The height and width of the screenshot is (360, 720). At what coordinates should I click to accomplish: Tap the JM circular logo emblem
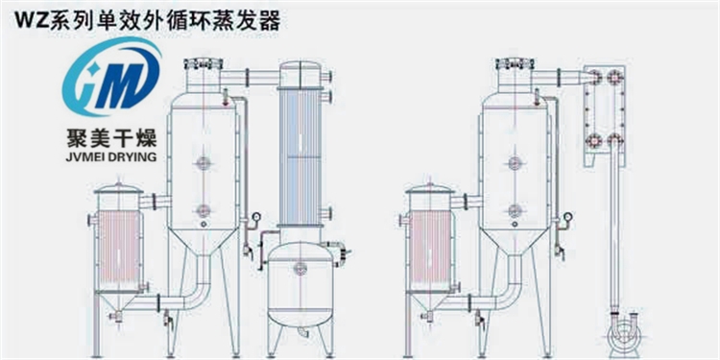coord(108,81)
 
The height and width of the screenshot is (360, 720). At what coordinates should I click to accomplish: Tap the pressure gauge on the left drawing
coord(255,218)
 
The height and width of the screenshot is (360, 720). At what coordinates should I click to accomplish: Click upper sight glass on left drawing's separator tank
coord(202,164)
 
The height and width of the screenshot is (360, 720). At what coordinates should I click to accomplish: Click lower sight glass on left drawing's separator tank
coord(202,210)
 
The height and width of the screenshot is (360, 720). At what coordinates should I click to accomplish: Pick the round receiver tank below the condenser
coord(300,283)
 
